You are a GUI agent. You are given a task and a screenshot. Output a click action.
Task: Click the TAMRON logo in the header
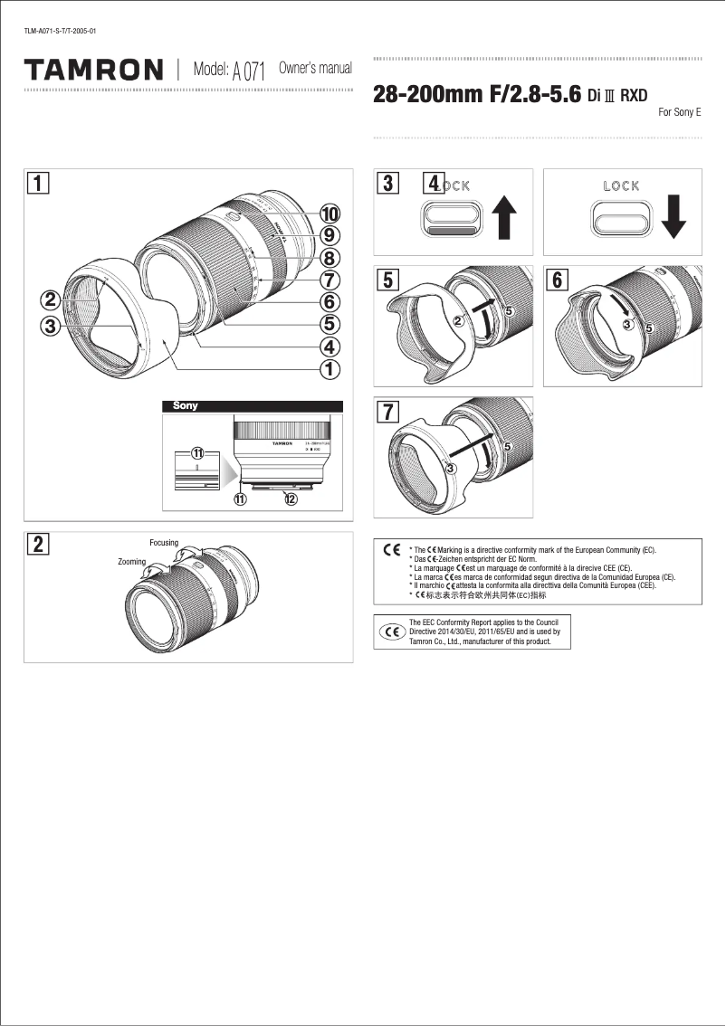pos(94,70)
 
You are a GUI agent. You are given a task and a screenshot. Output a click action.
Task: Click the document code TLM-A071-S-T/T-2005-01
pos(60,32)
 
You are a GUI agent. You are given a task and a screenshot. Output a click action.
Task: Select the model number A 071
pos(248,71)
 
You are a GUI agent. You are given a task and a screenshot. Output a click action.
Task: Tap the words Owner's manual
pos(315,69)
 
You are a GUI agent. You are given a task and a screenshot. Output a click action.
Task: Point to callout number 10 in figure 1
pos(329,214)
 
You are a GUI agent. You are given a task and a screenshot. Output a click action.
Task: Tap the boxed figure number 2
pos(38,544)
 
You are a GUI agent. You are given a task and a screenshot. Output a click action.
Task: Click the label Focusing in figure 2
pos(164,542)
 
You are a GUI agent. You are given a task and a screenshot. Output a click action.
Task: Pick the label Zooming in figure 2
pos(132,562)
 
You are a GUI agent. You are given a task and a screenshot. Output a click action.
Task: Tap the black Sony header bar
pos(252,406)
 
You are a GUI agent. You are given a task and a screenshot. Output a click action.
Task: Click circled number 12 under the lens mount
pos(290,499)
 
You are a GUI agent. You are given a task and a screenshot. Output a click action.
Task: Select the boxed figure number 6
pos(557,280)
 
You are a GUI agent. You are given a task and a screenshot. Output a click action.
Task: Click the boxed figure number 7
pos(387,410)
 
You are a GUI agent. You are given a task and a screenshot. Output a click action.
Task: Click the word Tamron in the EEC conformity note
pos(423,641)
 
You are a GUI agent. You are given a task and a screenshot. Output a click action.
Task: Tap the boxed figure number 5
pos(387,280)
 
